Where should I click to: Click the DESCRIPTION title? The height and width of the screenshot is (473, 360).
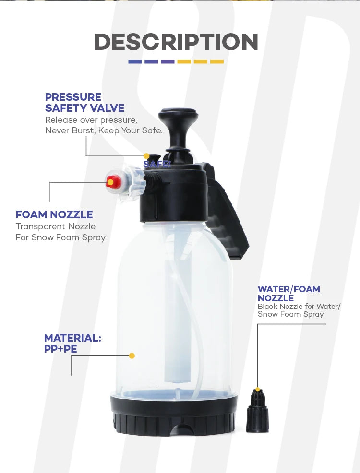click(x=176, y=42)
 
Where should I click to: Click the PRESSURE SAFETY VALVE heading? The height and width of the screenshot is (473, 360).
click(x=84, y=103)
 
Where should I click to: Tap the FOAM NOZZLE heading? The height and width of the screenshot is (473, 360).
click(x=54, y=214)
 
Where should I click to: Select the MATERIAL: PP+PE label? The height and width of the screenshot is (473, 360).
click(x=72, y=343)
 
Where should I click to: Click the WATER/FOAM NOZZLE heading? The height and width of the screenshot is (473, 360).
click(x=288, y=293)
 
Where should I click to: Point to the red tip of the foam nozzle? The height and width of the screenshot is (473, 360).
click(x=113, y=181)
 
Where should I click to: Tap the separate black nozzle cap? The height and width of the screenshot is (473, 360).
click(x=257, y=412)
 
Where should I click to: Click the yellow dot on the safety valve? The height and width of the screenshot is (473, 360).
click(x=146, y=156)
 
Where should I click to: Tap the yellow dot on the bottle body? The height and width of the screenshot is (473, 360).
click(x=132, y=355)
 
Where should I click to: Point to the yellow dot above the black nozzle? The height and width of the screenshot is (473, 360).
click(x=258, y=390)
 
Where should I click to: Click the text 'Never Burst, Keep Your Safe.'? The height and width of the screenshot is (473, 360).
click(x=104, y=130)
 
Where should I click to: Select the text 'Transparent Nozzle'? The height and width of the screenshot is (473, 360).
click(x=56, y=226)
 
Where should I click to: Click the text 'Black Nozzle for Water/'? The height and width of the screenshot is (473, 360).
click(x=299, y=306)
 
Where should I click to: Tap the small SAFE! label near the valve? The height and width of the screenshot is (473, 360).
click(x=157, y=164)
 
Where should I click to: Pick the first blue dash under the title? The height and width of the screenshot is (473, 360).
click(x=135, y=62)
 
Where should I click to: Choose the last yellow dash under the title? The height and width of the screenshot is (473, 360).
click(x=217, y=62)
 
